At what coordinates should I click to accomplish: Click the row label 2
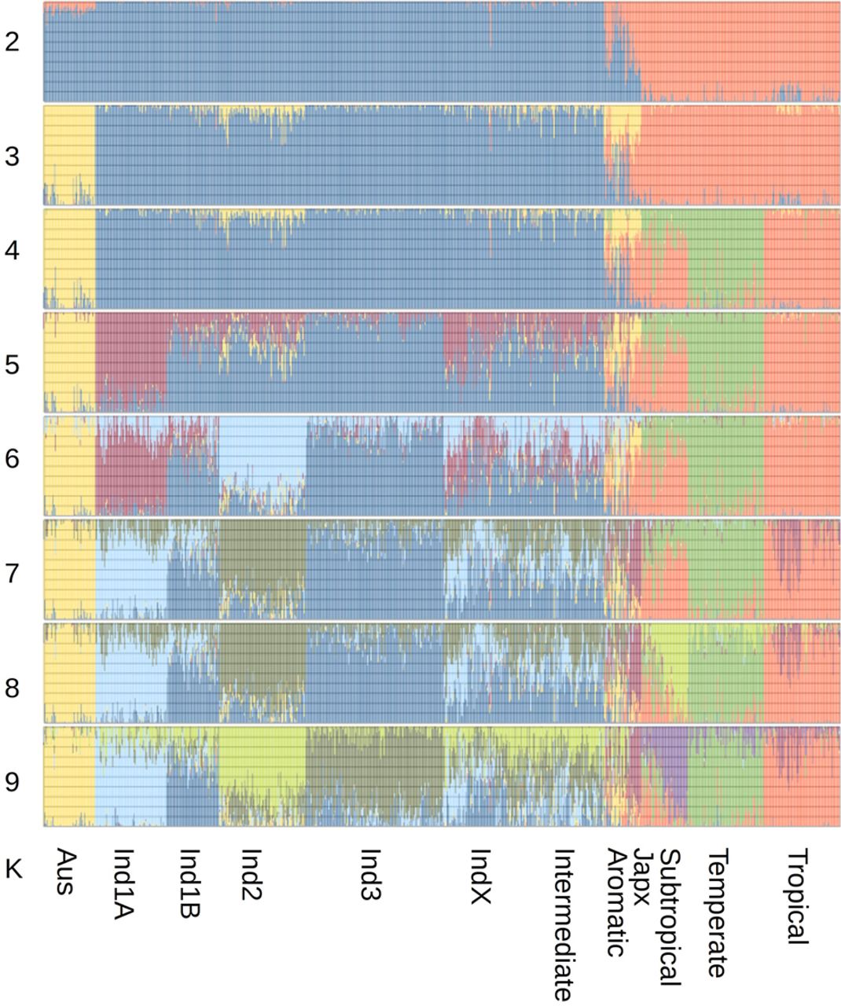coord(12,42)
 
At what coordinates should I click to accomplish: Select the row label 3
coord(12,156)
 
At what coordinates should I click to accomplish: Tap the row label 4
coord(12,251)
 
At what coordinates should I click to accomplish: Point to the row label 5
coord(12,365)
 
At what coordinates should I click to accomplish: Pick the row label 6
coord(12,458)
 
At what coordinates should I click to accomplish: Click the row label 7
coord(12,574)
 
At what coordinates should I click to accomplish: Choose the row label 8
coord(12,688)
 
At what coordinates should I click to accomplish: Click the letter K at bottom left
coord(13,870)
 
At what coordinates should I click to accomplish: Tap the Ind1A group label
coord(123,884)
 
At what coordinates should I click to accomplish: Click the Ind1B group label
coord(189,883)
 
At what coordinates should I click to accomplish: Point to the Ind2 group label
coord(251,875)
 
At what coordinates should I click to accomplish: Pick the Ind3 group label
coord(371,875)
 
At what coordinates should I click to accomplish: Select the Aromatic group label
coord(615,902)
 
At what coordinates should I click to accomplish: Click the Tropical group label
coord(798,896)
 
